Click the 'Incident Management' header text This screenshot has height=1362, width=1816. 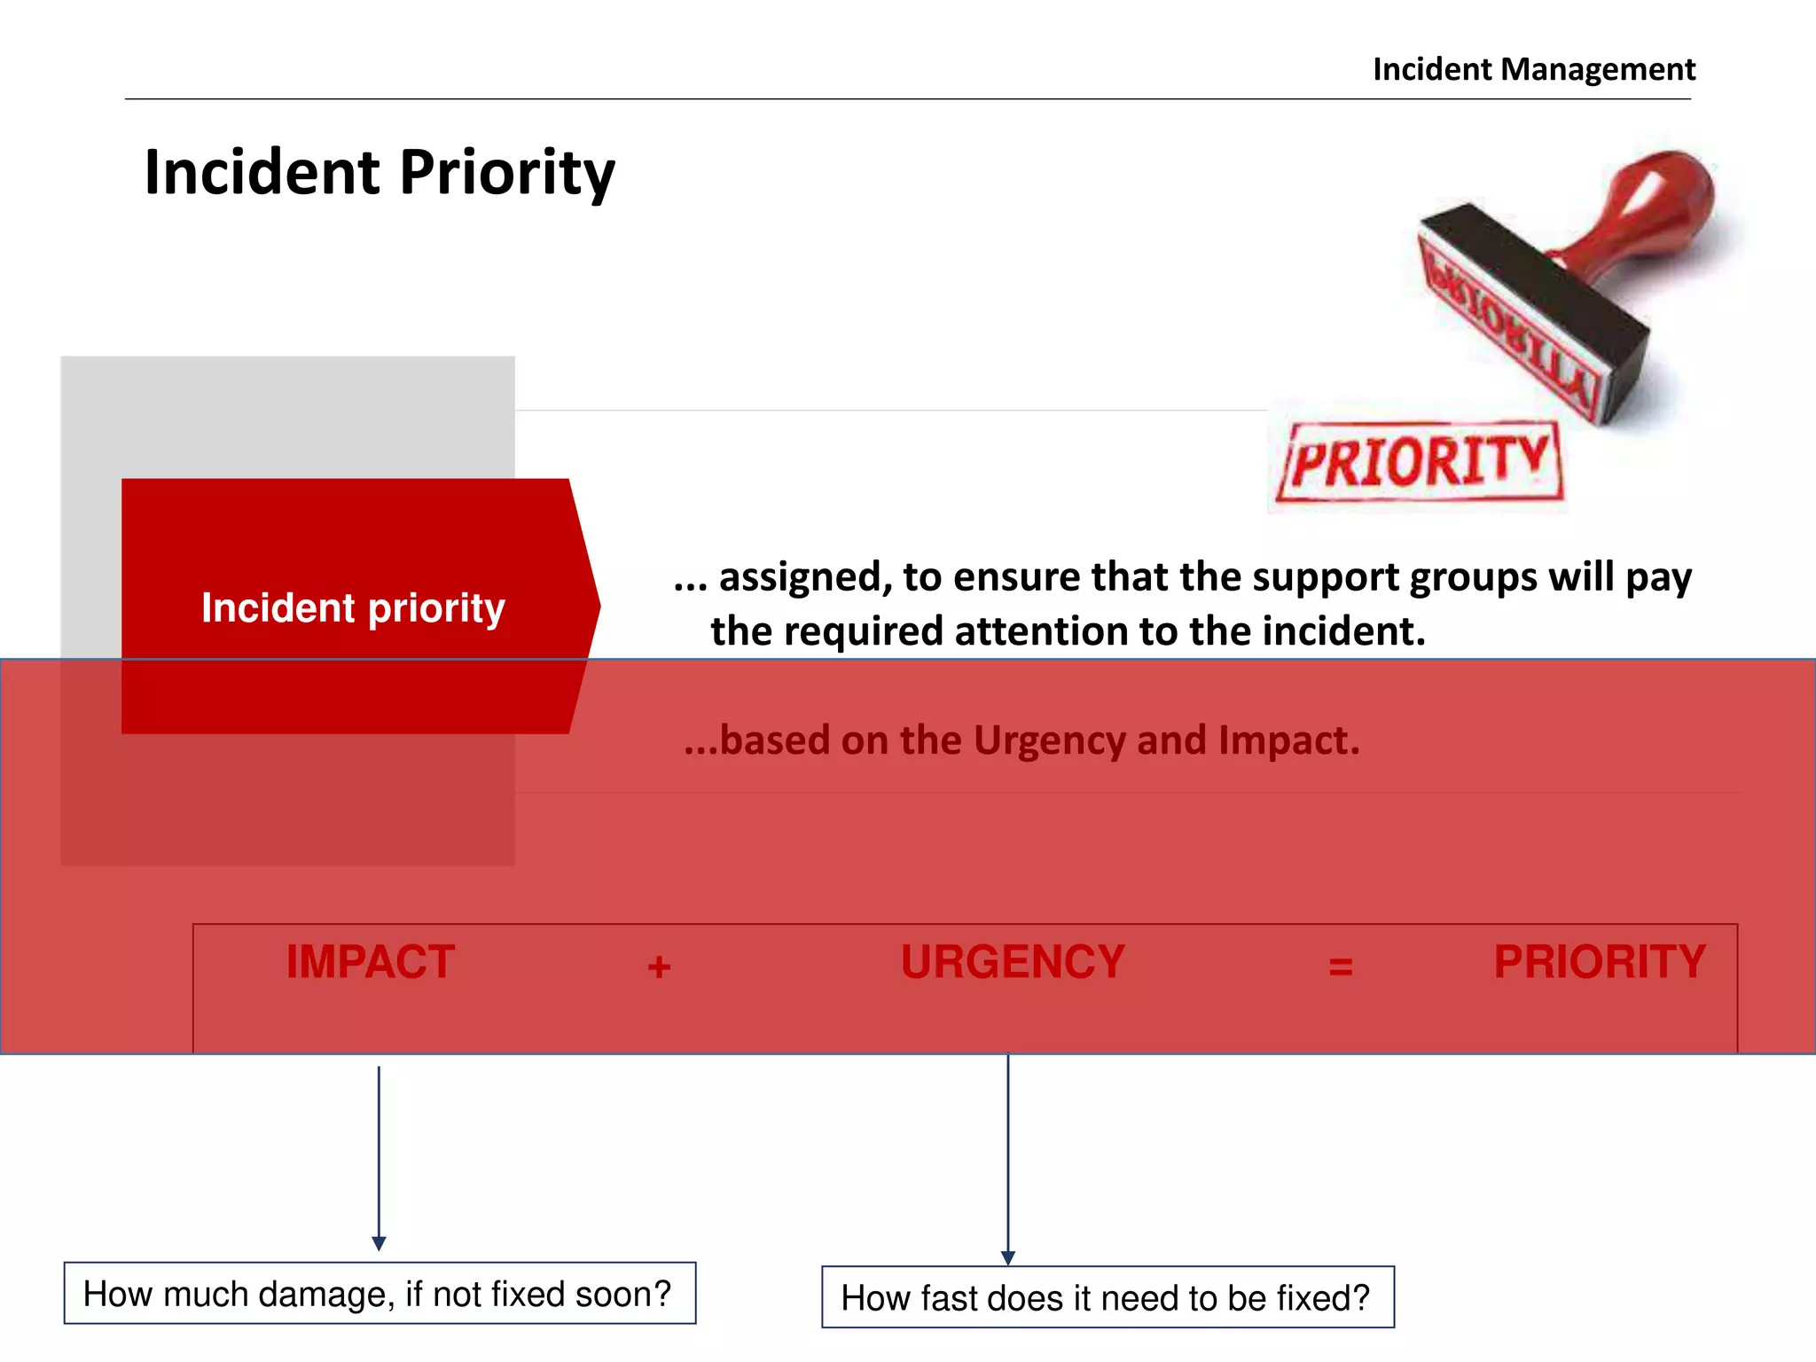click(x=1533, y=69)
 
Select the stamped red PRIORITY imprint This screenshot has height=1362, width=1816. click(x=1419, y=462)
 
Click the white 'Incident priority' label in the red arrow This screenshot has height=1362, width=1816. click(x=353, y=608)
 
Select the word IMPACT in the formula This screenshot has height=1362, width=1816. click(x=370, y=962)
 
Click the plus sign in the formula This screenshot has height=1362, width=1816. click(x=659, y=967)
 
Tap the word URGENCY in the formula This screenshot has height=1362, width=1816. click(x=1013, y=962)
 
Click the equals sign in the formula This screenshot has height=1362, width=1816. click(x=1341, y=967)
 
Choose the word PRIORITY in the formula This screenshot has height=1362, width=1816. click(x=1600, y=962)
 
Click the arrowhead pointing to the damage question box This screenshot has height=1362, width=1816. click(x=379, y=1243)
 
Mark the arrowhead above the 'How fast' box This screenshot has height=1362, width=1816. click(x=1008, y=1257)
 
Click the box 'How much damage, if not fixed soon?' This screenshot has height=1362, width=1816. click(x=380, y=1294)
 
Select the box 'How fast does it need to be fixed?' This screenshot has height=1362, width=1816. click(x=1108, y=1297)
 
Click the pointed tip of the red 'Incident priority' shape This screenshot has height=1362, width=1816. click(x=598, y=607)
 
